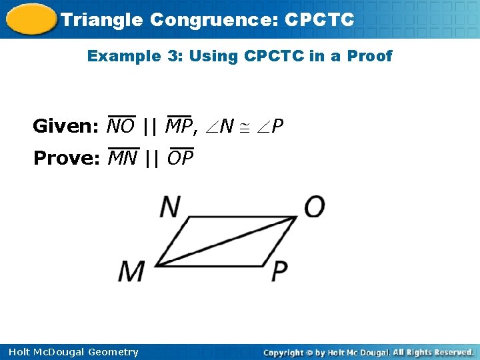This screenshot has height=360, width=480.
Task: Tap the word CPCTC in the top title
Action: [x=319, y=20]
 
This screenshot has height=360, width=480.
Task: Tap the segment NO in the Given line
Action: [x=121, y=125]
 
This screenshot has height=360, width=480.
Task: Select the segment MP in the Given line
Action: [x=179, y=125]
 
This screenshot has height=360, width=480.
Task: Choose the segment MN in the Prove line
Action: [x=122, y=158]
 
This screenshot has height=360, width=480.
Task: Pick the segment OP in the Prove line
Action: [x=180, y=158]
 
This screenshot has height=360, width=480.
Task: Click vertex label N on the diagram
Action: [x=170, y=207]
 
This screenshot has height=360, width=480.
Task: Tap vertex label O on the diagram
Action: [x=314, y=207]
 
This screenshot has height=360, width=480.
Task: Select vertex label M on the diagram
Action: [x=133, y=271]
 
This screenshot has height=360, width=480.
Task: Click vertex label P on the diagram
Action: [x=280, y=271]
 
